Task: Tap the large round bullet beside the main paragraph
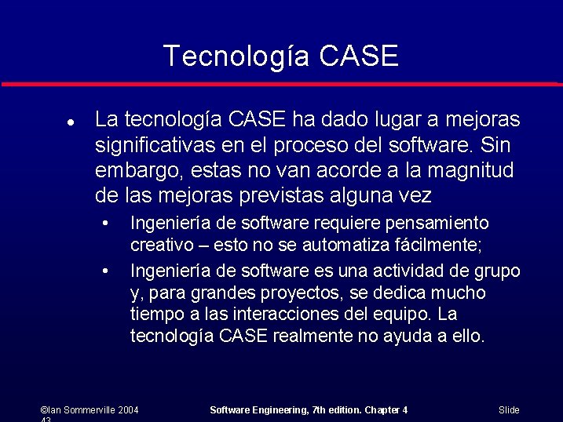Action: coord(71,123)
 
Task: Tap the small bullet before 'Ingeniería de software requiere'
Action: coord(105,224)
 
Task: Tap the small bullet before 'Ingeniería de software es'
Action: coord(105,271)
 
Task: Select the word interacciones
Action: coord(291,315)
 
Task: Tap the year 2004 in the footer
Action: coord(129,410)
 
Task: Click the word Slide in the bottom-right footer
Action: coord(509,410)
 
